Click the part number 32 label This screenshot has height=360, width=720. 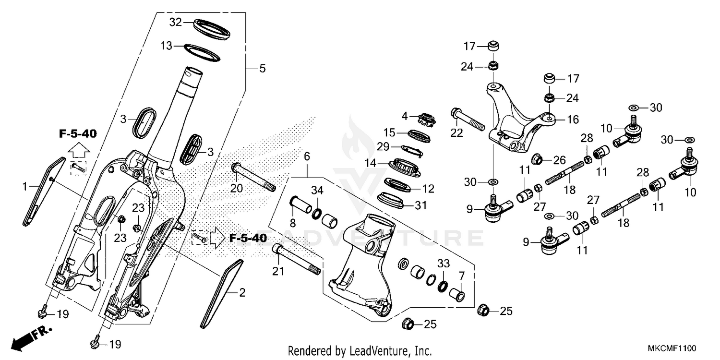176,22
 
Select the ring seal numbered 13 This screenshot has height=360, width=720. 201,52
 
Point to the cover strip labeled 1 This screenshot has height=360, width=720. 42,191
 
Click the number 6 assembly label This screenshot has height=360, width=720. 307,156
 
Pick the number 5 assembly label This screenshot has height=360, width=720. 262,69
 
